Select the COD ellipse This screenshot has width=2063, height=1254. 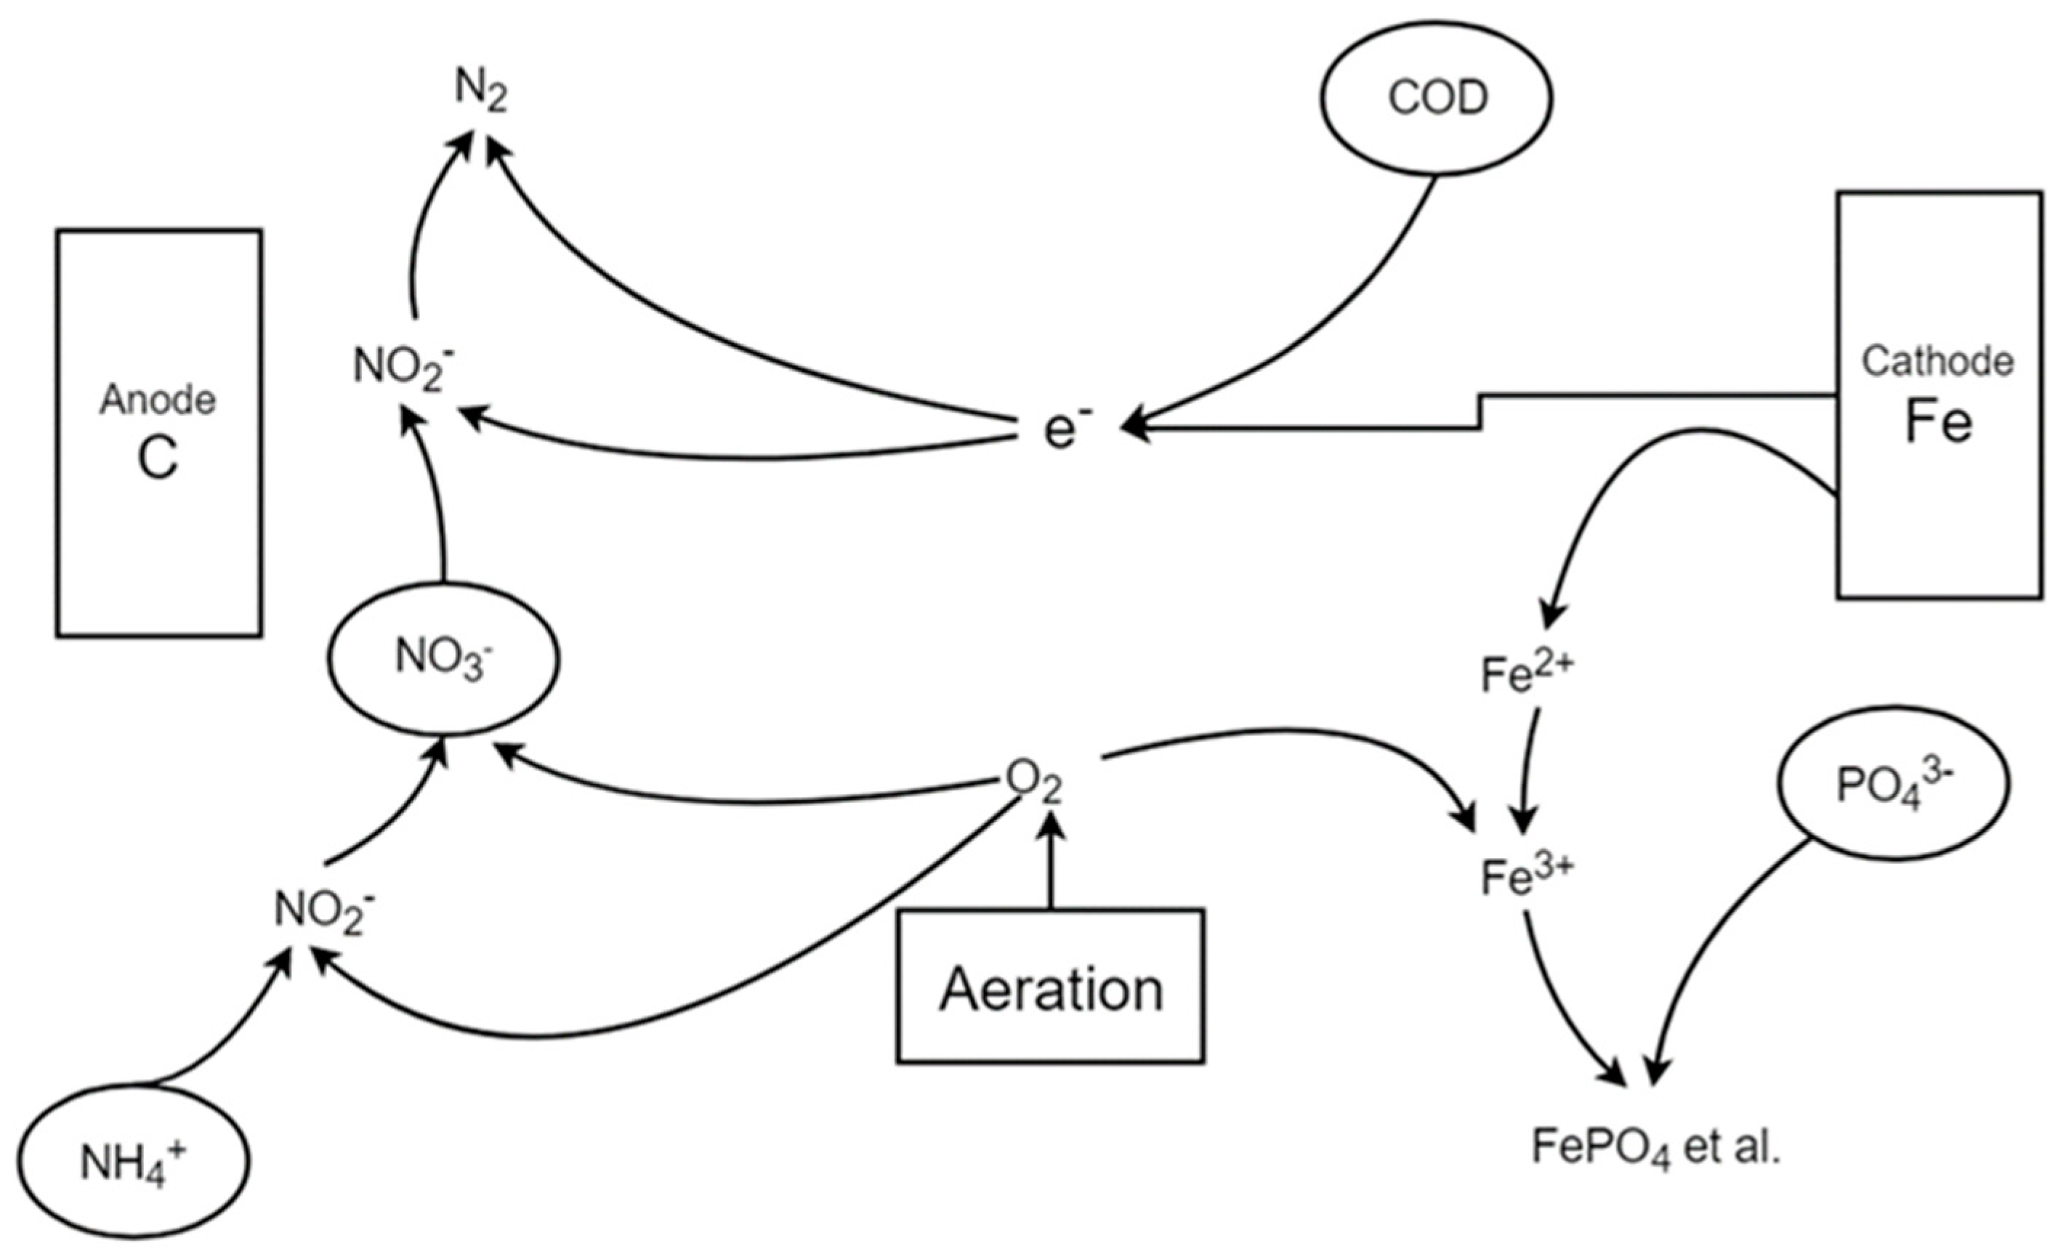pyautogui.click(x=1437, y=99)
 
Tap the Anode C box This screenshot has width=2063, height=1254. pyautogui.click(x=159, y=433)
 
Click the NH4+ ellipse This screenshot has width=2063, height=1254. pyautogui.click(x=133, y=1162)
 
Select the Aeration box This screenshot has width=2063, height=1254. pyautogui.click(x=1051, y=987)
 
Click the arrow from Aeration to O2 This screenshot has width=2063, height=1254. pyautogui.click(x=1051, y=862)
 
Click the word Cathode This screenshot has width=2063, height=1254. pyautogui.click(x=1937, y=362)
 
